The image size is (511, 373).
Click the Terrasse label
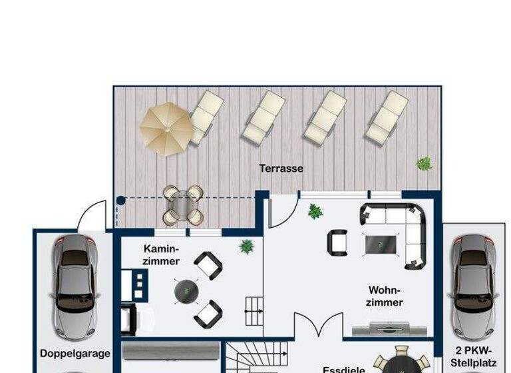click(281, 169)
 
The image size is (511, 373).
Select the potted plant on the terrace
click(423, 163)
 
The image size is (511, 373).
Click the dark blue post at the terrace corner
click(120, 200)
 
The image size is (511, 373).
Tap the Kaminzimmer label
click(160, 254)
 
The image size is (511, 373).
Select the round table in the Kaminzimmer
click(186, 290)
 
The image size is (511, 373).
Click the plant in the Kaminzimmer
click(247, 246)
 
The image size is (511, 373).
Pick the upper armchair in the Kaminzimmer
click(208, 265)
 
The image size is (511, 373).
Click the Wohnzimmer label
click(385, 296)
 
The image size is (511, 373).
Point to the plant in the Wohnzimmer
click(314, 212)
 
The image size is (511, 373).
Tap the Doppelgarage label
click(75, 354)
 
